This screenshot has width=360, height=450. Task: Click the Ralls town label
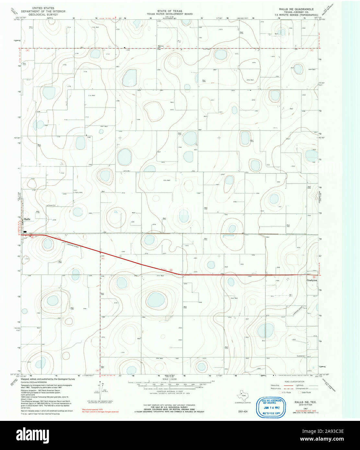(27, 219)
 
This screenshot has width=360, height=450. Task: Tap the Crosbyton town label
(312, 280)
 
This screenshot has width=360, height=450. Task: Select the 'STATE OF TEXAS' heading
(169, 11)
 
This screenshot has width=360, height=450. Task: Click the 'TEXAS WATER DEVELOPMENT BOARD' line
(169, 14)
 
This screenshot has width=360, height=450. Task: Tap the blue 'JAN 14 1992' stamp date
(271, 408)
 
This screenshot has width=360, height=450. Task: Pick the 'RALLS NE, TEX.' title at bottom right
(306, 402)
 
